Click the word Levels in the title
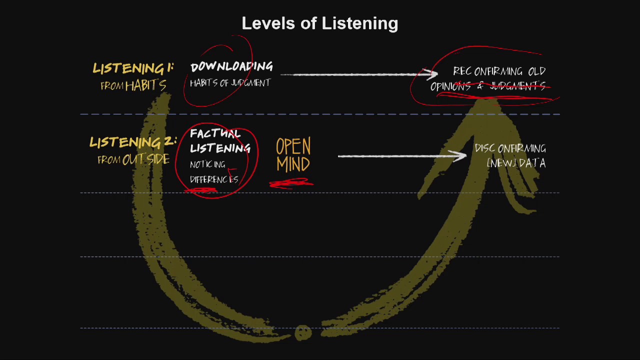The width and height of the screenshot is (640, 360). pyautogui.click(x=268, y=23)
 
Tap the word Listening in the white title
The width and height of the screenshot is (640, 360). pyautogui.click(x=360, y=23)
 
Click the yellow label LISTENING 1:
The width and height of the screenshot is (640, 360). pyautogui.click(x=133, y=68)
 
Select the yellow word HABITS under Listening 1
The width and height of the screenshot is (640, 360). pyautogui.click(x=146, y=85)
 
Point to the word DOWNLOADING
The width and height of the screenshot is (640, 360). pyautogui.click(x=231, y=66)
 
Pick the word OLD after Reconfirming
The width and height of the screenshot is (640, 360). pyautogui.click(x=537, y=71)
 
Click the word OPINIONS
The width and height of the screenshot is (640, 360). pyautogui.click(x=450, y=86)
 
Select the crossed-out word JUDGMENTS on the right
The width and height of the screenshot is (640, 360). pyautogui.click(x=517, y=85)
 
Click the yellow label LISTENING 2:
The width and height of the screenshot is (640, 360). pyautogui.click(x=133, y=142)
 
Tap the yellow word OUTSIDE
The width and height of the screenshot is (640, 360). pyautogui.click(x=146, y=159)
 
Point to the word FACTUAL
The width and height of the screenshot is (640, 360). pyautogui.click(x=215, y=133)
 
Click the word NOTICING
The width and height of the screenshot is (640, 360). pyautogui.click(x=207, y=164)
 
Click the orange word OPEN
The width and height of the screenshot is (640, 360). pyautogui.click(x=293, y=146)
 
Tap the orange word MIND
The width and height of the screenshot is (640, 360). pyautogui.click(x=293, y=164)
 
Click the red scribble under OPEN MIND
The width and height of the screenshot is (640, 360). pyautogui.click(x=291, y=183)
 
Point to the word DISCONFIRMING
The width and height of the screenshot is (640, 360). pyautogui.click(x=510, y=148)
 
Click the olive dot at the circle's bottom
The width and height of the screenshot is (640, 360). pyautogui.click(x=303, y=332)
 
